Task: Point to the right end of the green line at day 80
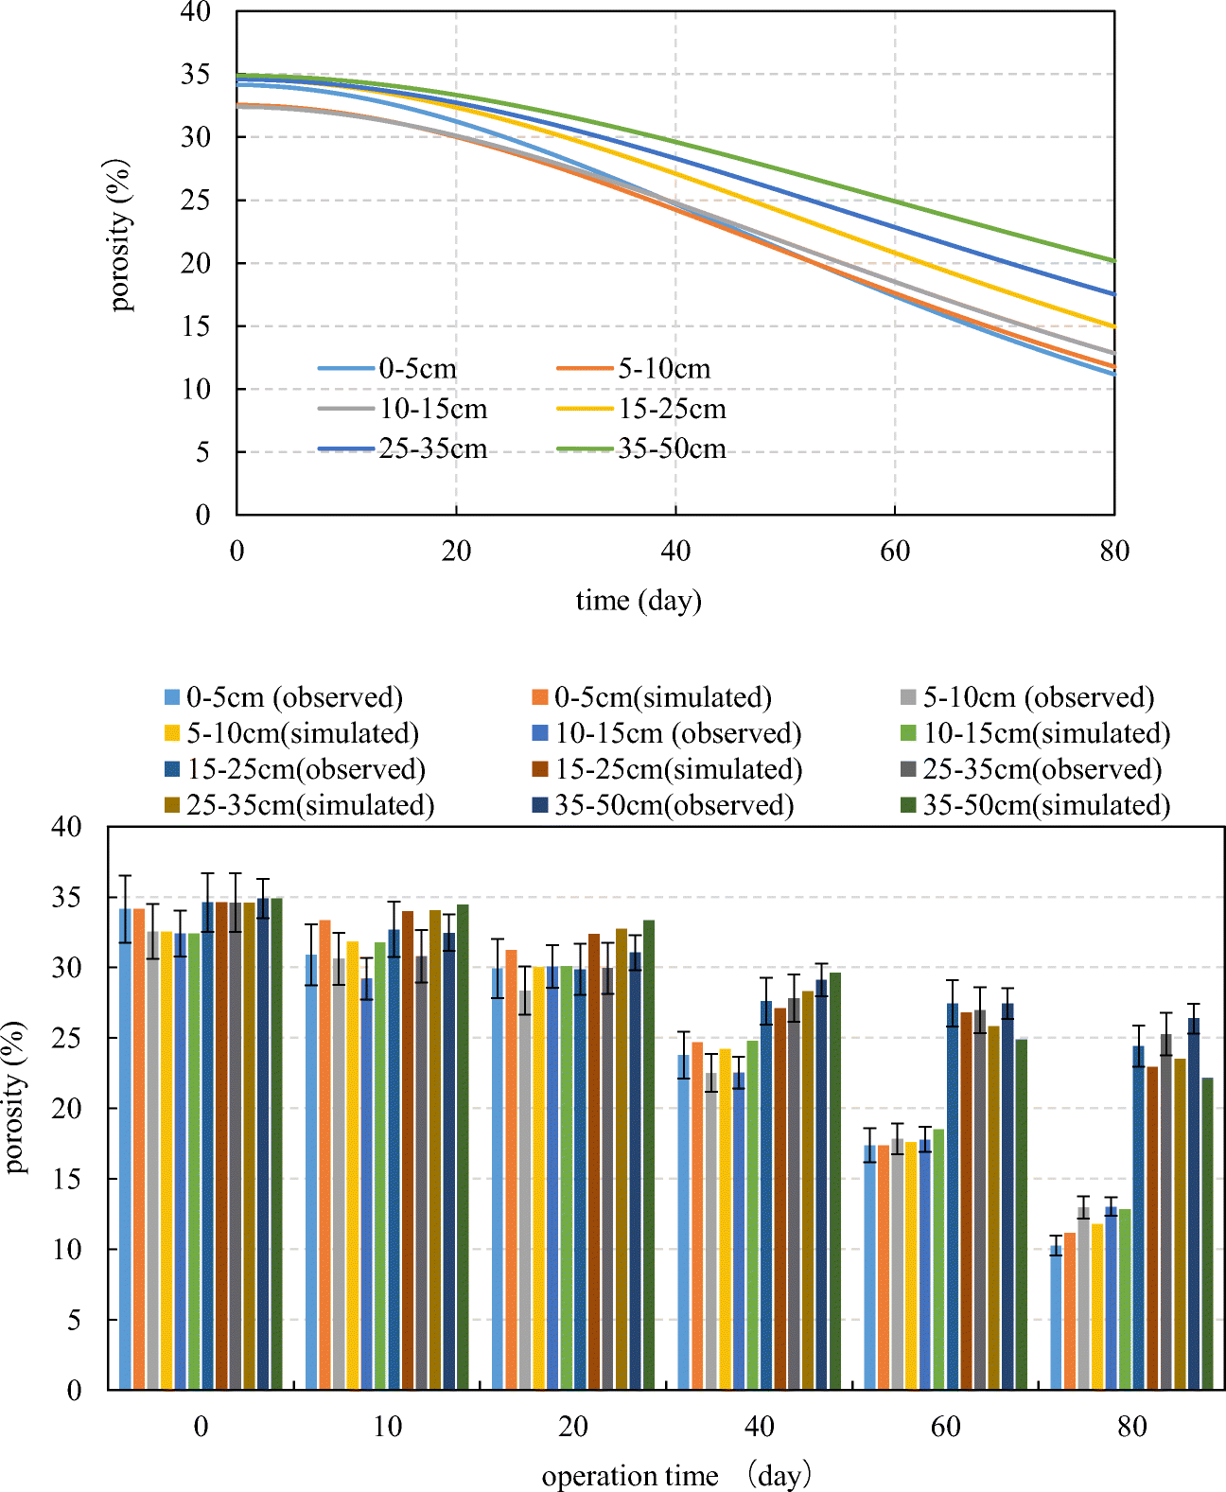point(1112,260)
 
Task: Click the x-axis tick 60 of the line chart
point(895,551)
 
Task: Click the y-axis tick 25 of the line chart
point(196,201)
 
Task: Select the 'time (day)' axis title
point(639,600)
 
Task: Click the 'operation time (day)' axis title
point(675,1475)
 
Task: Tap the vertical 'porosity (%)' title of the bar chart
point(15,1097)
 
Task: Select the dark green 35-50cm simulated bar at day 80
point(1207,1234)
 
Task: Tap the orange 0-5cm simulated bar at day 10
point(324,1154)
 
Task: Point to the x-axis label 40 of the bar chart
point(760,1427)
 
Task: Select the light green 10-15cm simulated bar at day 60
point(938,1258)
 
